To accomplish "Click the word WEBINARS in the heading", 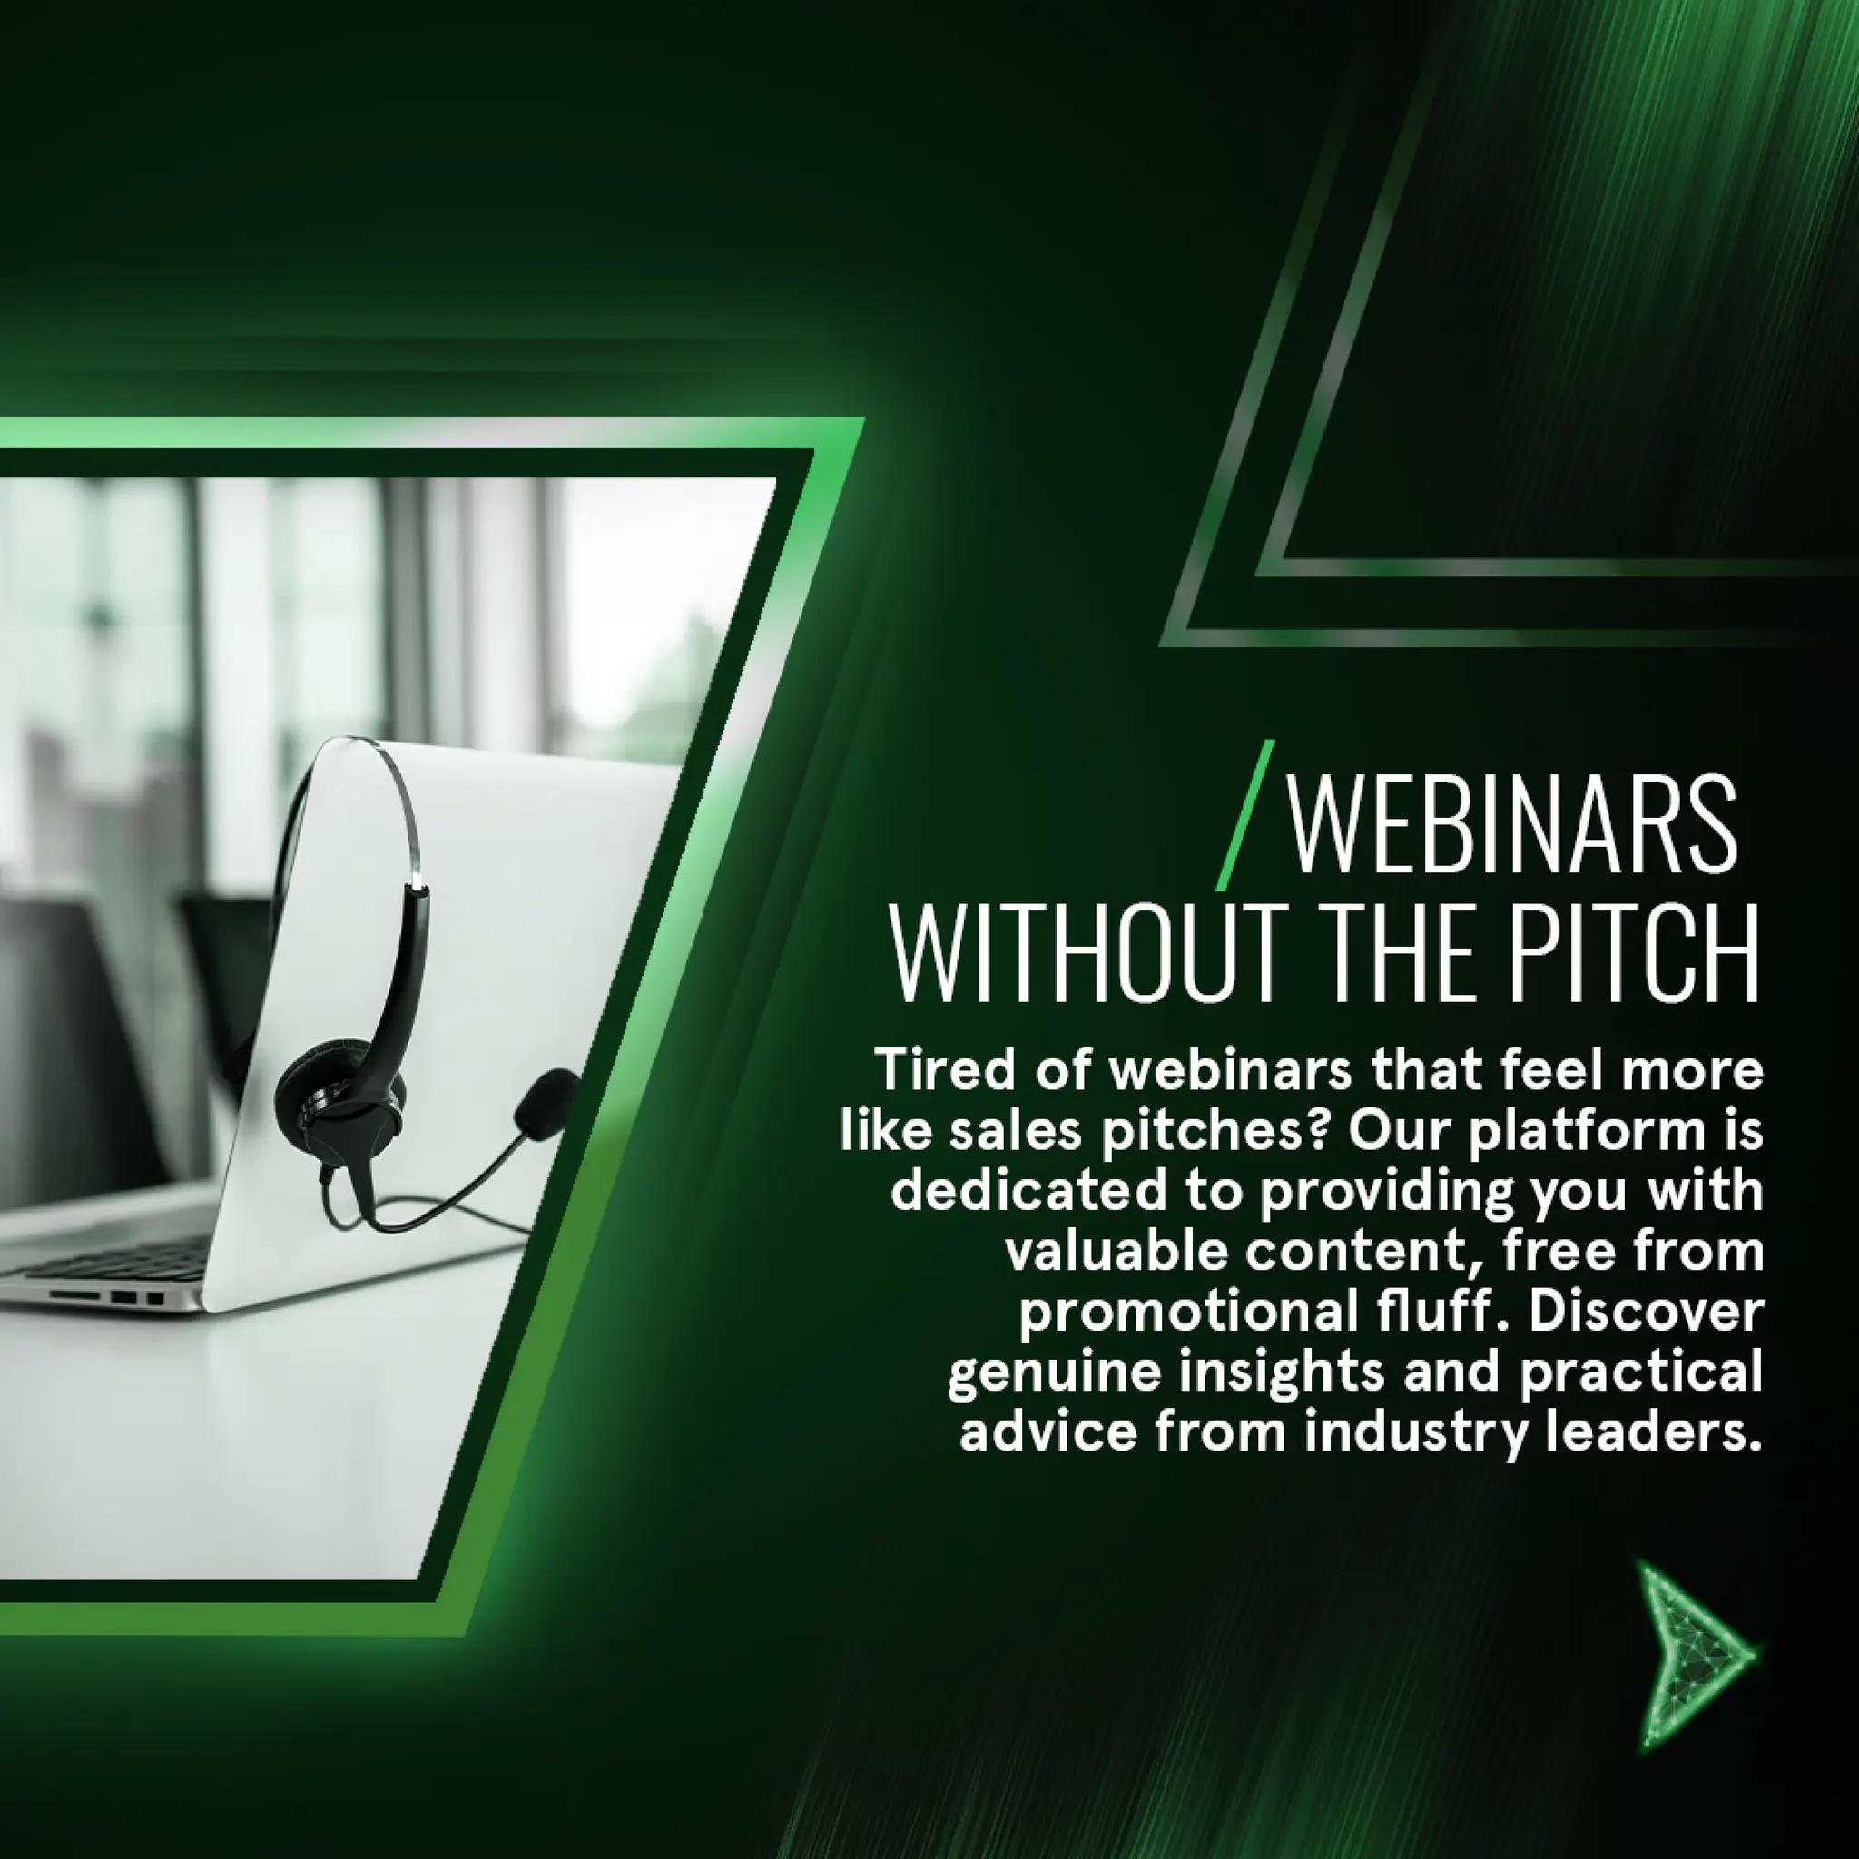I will pyautogui.click(x=1511, y=828).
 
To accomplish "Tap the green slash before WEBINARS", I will pyautogui.click(x=1244, y=816).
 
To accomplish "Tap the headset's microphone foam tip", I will pyautogui.click(x=545, y=1102).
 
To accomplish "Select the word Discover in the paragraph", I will pyautogui.click(x=1645, y=1313).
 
